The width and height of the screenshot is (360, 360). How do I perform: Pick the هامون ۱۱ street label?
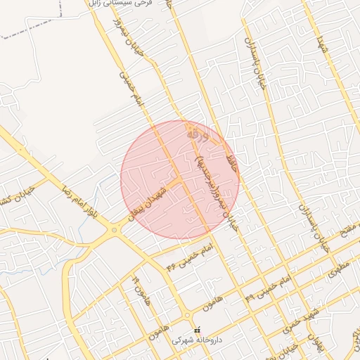click(x=139, y=288)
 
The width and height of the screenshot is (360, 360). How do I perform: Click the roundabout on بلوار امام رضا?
click(x=113, y=229)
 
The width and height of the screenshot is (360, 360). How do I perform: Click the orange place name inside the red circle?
click(x=196, y=132)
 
